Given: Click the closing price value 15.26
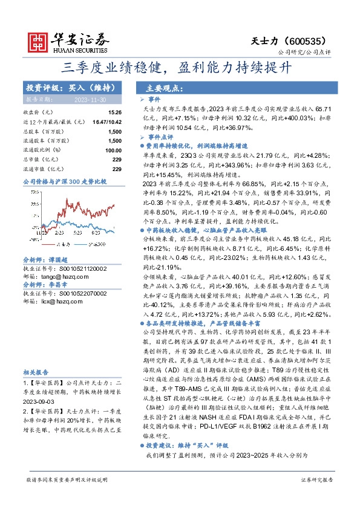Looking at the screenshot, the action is coord(114,112).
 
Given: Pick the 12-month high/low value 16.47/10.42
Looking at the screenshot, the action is coord(108,122).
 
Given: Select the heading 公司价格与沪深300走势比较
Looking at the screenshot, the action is coord(65,181).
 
